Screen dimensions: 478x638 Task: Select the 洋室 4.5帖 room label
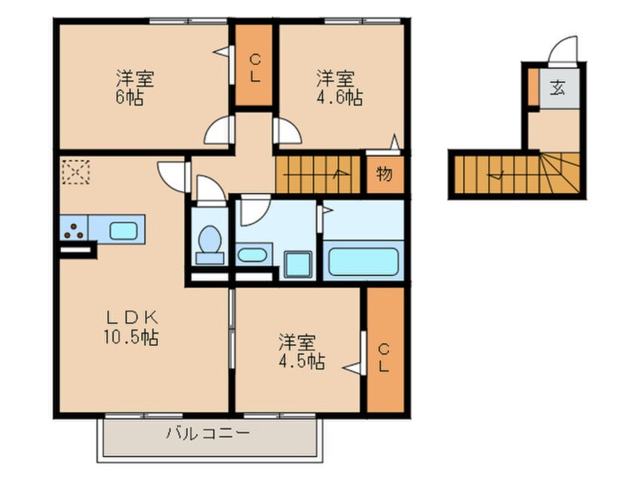point(299,352)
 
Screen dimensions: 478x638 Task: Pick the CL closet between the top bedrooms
point(254,66)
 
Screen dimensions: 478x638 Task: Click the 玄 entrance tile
point(557,88)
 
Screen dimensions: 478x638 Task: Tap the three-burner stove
point(75,230)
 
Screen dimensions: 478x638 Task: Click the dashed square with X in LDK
point(75,172)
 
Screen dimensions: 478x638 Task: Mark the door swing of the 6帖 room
point(219,131)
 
